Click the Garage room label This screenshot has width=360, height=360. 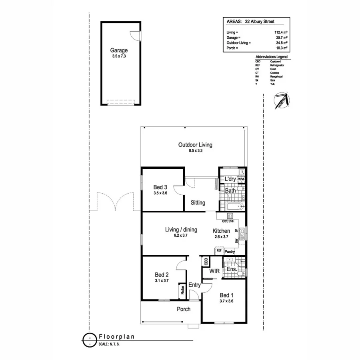click(119, 51)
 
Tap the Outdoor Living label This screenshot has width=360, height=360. click(195, 145)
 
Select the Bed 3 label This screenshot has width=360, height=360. click(160, 187)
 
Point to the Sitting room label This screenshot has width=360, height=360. click(198, 203)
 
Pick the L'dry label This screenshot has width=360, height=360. click(230, 179)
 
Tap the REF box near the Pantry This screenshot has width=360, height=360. click(219, 250)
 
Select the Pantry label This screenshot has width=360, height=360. click(230, 252)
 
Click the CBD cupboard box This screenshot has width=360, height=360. click(206, 262)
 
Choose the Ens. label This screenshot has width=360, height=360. click(232, 270)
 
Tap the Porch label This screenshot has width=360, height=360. click(184, 309)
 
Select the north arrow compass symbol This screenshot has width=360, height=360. click(281, 101)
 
